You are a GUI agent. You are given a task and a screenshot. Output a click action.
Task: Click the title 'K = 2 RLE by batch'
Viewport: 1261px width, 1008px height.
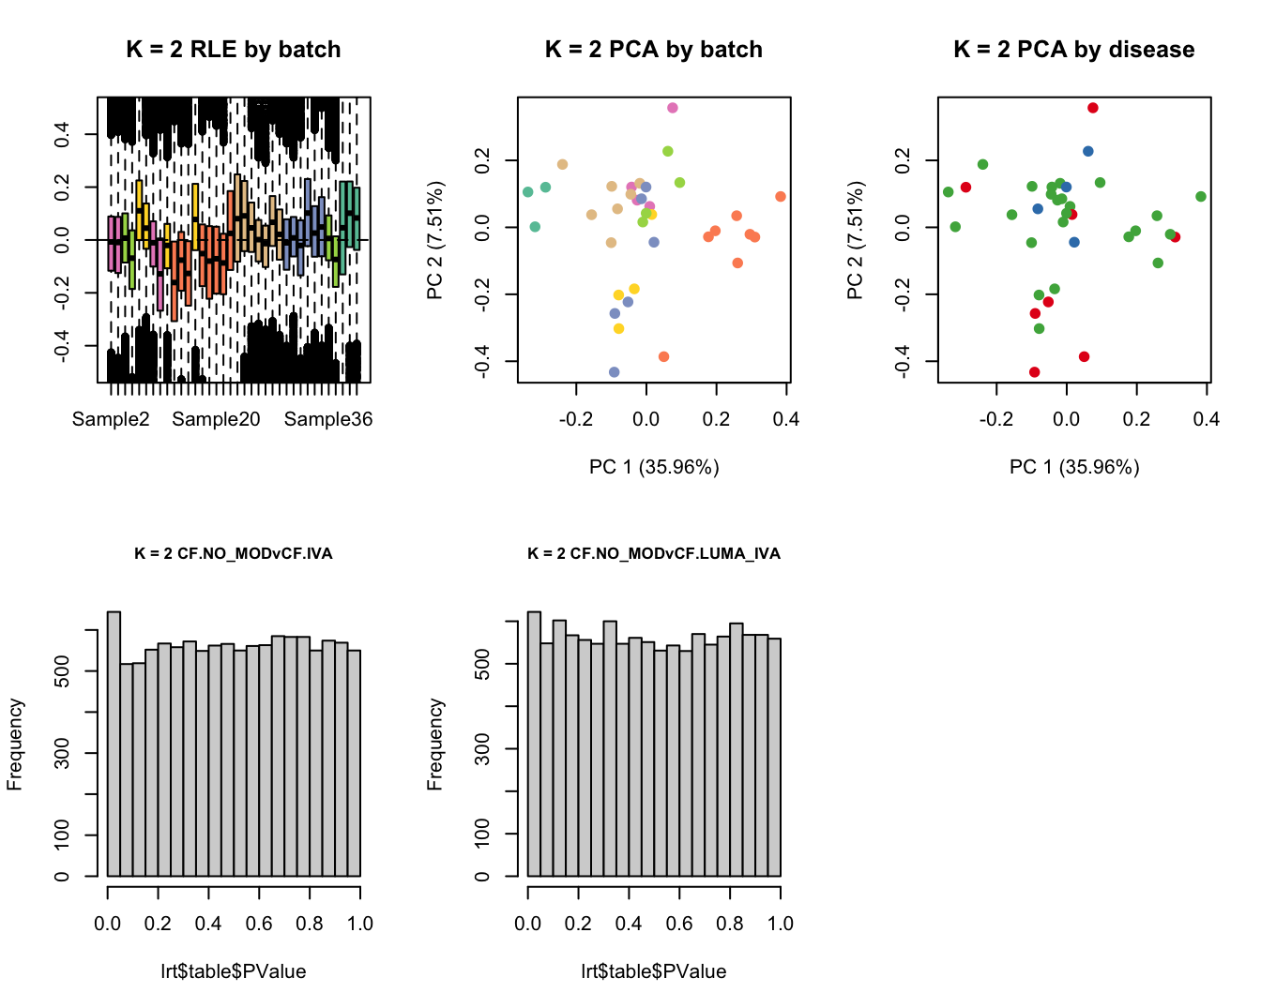234,50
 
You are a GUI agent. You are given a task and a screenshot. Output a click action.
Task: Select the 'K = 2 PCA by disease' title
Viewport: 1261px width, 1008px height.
1073,50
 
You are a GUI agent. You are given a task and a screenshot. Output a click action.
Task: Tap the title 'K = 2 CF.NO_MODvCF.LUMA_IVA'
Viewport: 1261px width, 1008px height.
654,553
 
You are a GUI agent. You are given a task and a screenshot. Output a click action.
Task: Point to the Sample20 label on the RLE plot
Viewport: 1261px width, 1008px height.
216,419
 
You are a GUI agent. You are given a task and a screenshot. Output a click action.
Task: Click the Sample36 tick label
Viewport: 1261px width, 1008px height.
328,419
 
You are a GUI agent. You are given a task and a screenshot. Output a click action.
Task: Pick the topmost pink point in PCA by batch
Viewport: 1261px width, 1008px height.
673,108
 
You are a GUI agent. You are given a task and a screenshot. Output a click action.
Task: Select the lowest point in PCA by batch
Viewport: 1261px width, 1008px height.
615,372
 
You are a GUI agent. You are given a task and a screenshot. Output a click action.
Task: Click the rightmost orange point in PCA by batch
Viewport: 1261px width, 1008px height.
781,197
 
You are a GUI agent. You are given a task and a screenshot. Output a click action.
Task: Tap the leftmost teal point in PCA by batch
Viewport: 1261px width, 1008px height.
528,192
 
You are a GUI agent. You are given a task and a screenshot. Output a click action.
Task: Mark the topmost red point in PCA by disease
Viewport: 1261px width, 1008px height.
1093,108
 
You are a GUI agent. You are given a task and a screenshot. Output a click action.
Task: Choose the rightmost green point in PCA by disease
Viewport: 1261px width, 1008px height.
1201,197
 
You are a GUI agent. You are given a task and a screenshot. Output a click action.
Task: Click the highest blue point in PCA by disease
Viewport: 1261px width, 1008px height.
1088,151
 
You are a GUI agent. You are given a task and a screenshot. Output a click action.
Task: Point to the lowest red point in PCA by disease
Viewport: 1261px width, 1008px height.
1035,372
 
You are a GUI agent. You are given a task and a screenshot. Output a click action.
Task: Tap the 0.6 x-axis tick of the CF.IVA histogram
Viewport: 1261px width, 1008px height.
259,924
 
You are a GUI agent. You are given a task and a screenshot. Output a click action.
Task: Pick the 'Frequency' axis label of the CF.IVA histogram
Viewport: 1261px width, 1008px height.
15,745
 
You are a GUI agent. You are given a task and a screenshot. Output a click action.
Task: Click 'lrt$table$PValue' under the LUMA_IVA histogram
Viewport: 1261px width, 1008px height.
654,971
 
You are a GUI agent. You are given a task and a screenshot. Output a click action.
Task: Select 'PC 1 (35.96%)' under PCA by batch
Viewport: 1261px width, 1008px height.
654,467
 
